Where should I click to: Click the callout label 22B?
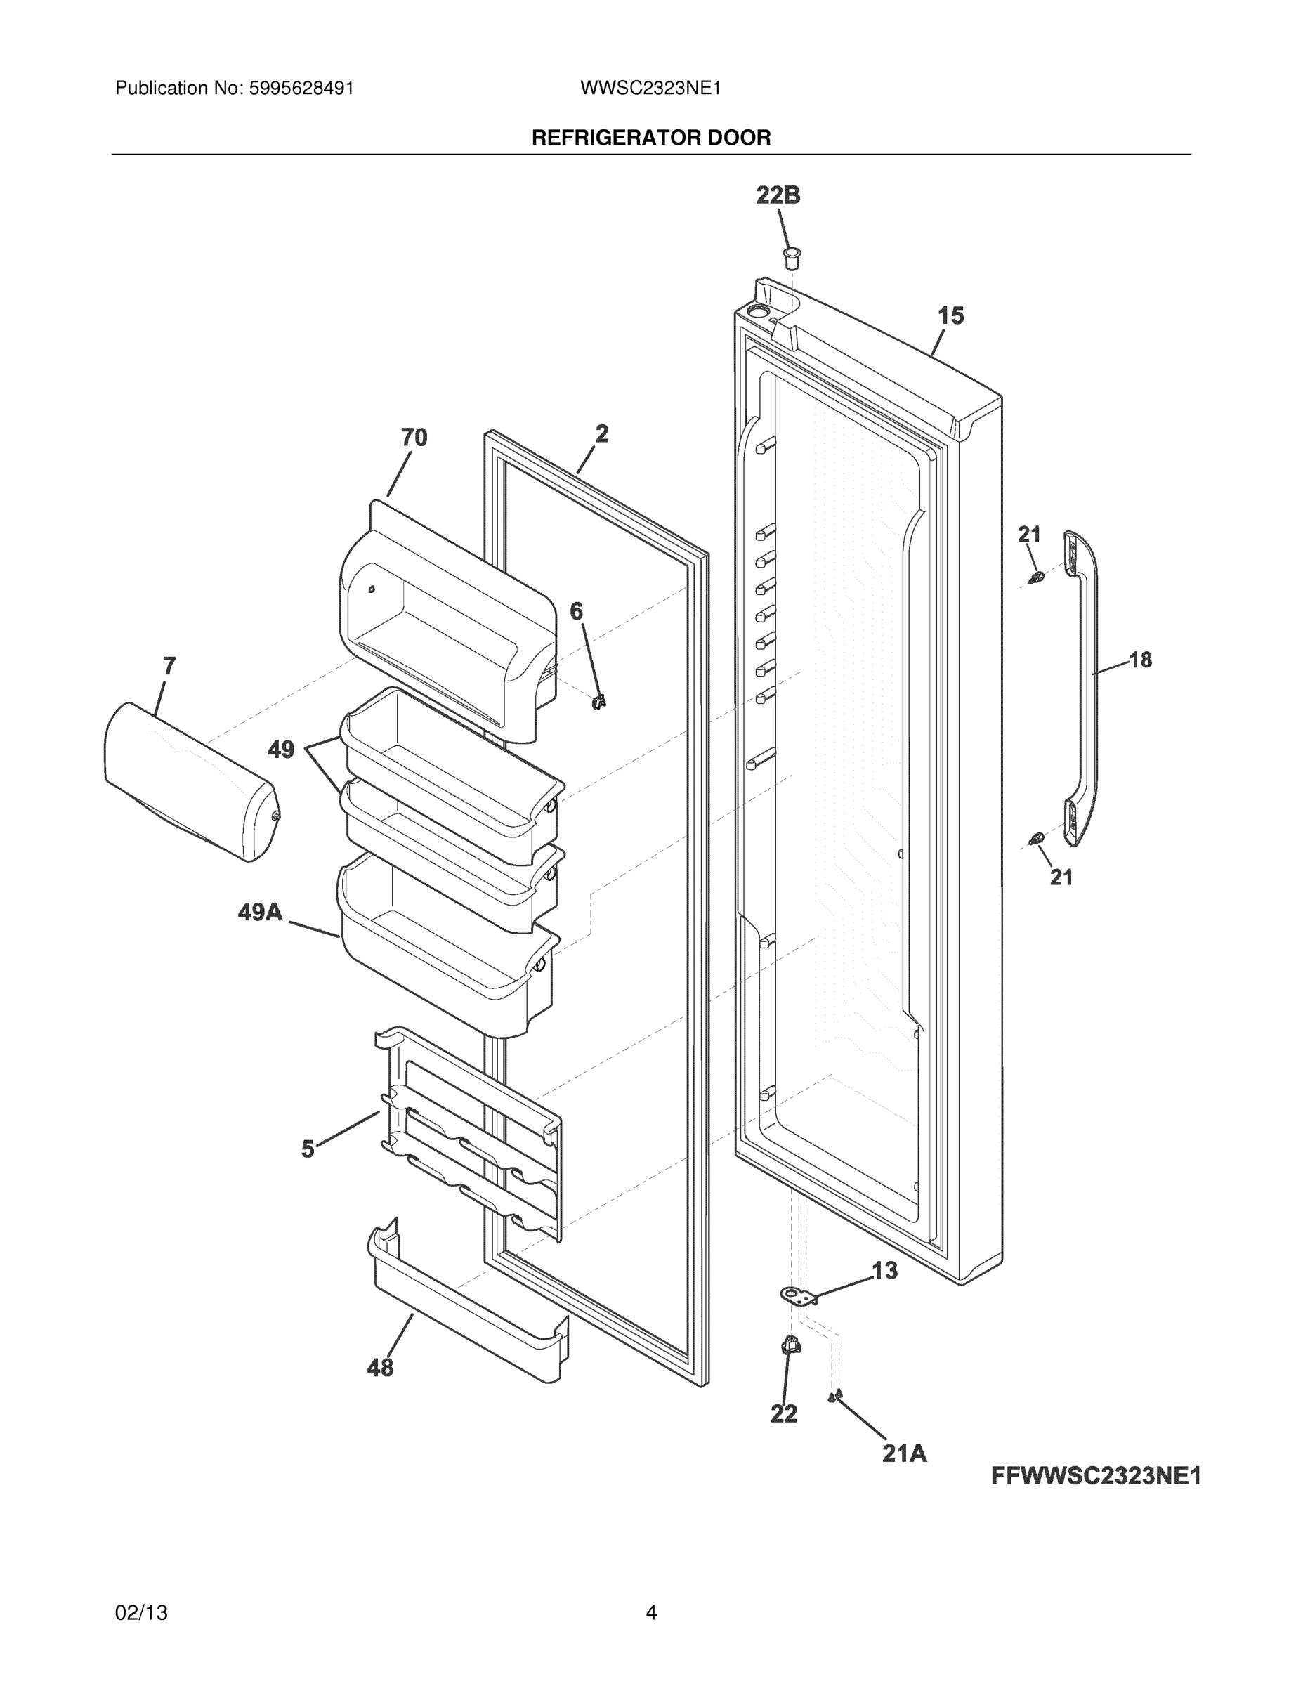778,195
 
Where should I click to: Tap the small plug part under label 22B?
791,257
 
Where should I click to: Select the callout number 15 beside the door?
950,315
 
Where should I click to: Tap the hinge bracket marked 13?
797,1296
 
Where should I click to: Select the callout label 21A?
904,1453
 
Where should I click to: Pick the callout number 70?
414,438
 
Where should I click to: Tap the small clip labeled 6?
599,702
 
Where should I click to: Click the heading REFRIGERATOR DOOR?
650,138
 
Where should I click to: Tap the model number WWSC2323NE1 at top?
650,88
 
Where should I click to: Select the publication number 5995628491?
301,88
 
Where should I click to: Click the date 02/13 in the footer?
141,1613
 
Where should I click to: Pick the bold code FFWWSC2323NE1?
1095,1476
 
